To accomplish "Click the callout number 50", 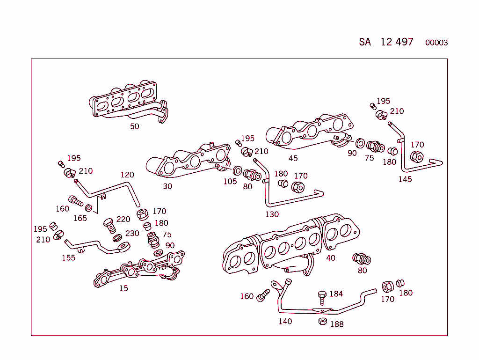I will (x=134, y=126).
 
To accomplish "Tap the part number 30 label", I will (x=167, y=186).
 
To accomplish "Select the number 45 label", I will (x=293, y=158).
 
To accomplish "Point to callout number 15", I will (x=123, y=288).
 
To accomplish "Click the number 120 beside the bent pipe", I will (x=127, y=175).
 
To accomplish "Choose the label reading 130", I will (x=272, y=214).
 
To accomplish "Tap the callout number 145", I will (x=405, y=179).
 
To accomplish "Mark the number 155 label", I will (x=68, y=257).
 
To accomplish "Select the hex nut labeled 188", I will (x=322, y=321).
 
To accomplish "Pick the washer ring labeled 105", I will (x=237, y=170).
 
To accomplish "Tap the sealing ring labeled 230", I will (x=118, y=238).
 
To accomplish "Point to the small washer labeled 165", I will (x=89, y=208).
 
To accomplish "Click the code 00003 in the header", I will (x=436, y=43).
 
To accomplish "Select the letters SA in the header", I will (x=365, y=42).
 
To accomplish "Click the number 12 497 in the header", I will (x=397, y=42).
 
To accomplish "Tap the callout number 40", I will (x=331, y=258).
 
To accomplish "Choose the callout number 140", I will (x=285, y=321).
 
